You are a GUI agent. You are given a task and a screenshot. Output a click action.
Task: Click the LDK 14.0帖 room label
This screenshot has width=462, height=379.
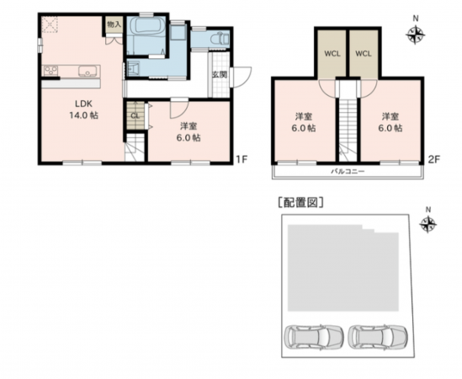click(82, 109)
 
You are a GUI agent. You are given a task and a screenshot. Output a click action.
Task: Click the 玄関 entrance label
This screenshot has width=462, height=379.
click(219, 75)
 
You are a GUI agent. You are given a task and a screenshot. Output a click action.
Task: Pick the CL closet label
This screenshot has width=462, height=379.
click(135, 116)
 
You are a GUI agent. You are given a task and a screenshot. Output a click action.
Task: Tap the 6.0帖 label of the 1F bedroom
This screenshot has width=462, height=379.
click(189, 136)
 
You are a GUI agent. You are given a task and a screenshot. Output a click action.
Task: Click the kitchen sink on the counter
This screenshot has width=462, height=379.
click(88, 72)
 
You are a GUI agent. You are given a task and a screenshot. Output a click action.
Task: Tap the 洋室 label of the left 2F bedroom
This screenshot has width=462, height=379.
click(304, 116)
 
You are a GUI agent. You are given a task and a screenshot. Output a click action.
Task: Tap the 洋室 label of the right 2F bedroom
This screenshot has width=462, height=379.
click(390, 116)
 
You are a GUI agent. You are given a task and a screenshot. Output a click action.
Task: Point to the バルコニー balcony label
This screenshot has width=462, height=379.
click(347, 170)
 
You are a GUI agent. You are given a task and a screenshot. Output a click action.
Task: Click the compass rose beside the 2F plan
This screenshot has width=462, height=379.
click(415, 35)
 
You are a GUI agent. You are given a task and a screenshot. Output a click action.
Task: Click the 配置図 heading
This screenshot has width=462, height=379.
click(299, 202)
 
